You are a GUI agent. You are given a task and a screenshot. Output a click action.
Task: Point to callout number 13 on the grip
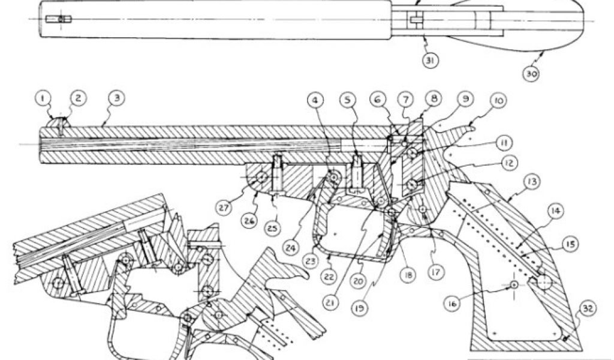(531, 181)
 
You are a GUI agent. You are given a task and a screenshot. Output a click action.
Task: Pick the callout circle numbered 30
(531, 74)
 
